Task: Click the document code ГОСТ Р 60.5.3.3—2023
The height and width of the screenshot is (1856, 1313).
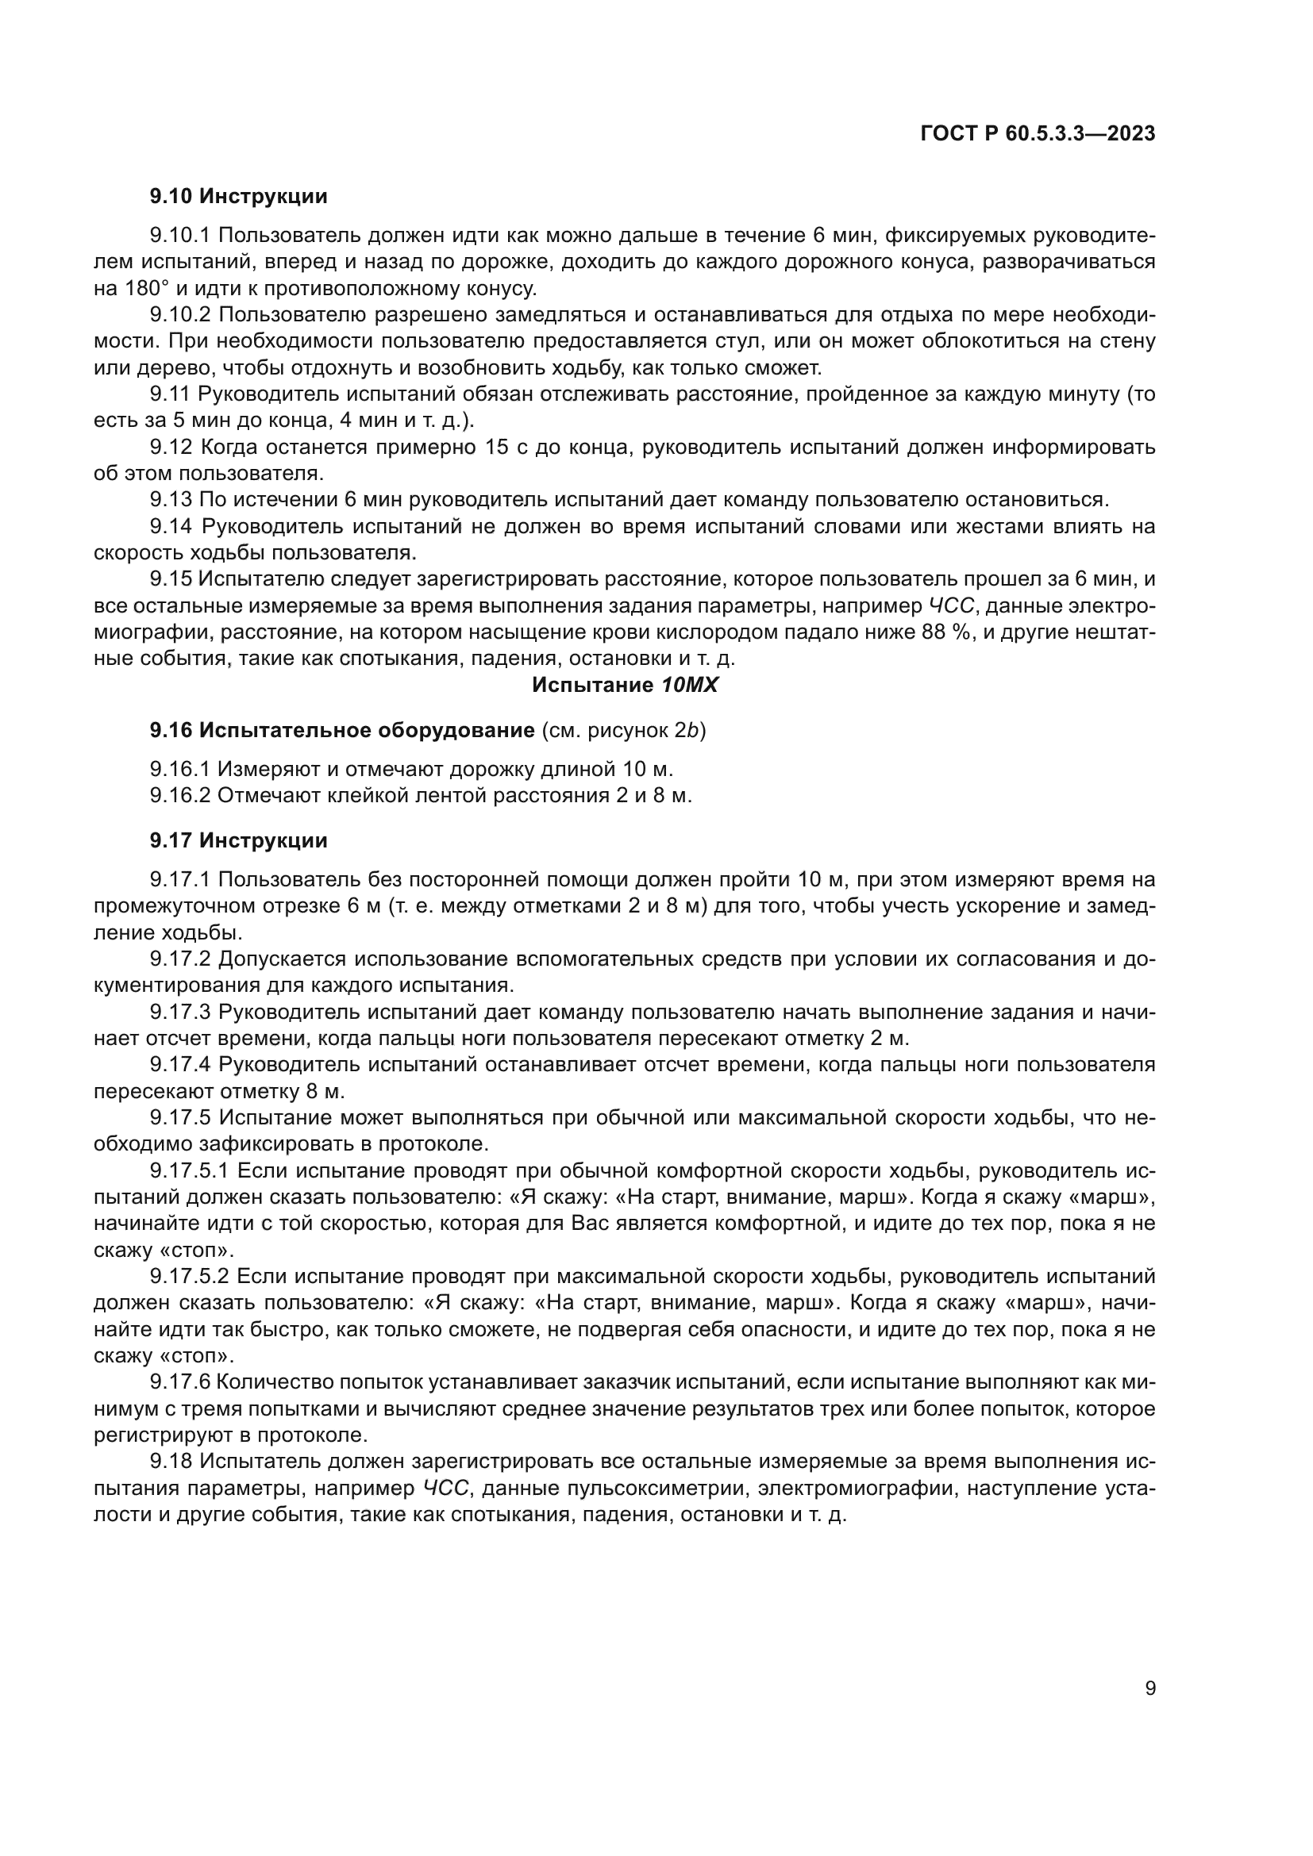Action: click(1038, 134)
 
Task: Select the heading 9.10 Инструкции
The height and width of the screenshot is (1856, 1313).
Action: click(238, 197)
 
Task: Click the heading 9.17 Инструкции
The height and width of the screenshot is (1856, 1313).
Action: click(238, 840)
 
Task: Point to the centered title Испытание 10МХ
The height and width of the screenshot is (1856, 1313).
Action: click(625, 686)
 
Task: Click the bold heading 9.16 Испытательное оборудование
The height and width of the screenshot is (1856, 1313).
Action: click(342, 731)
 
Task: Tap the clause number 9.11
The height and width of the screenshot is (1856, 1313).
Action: click(170, 394)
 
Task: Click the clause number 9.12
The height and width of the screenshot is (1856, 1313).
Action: click(170, 447)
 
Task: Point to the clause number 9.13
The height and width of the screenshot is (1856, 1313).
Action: click(170, 500)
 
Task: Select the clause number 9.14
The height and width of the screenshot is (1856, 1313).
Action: click(170, 526)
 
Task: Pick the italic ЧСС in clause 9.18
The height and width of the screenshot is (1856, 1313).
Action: click(445, 1488)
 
